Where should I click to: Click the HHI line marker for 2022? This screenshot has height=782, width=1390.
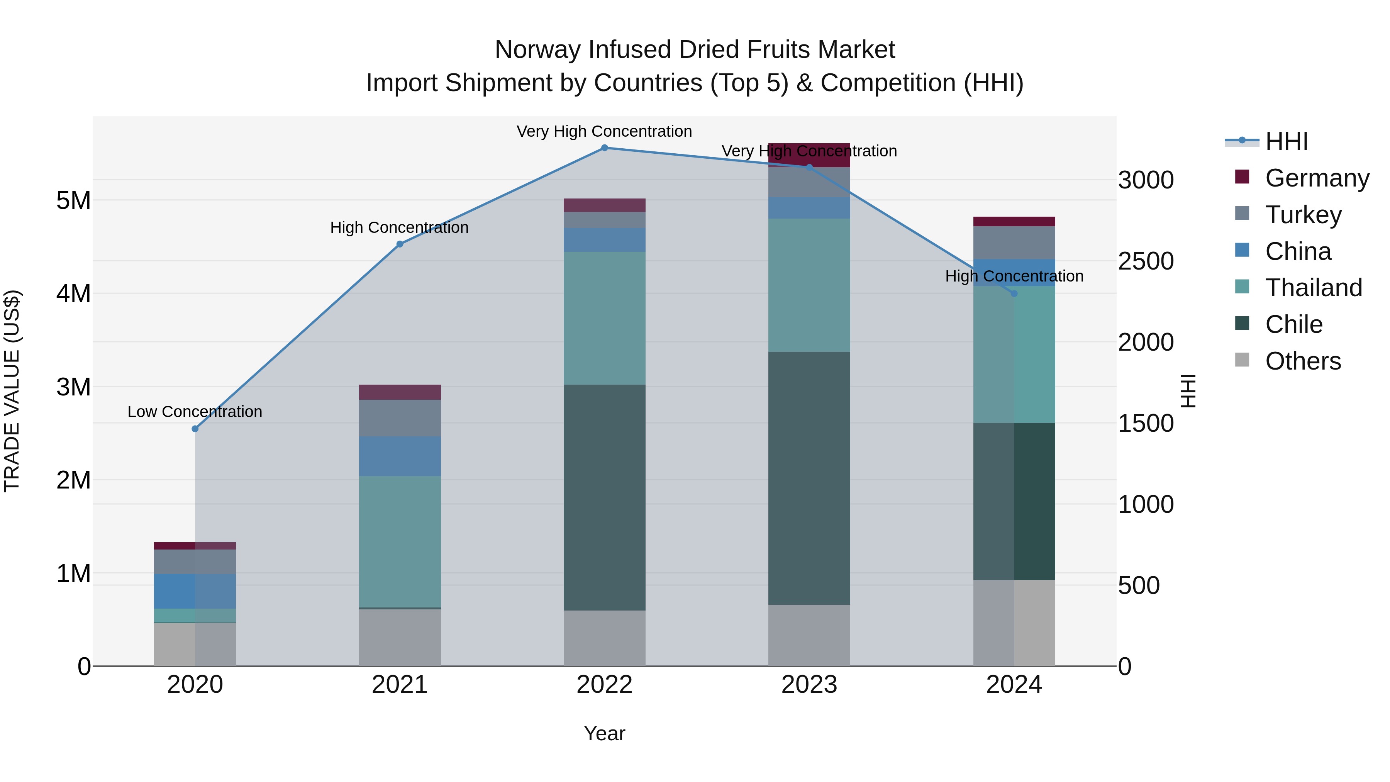click(604, 148)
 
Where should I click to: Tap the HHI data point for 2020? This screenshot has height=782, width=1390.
click(195, 429)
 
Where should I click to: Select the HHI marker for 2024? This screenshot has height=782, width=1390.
click(1014, 293)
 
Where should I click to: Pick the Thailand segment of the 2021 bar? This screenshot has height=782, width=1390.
click(400, 541)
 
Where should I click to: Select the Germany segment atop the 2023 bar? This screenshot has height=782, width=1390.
click(809, 155)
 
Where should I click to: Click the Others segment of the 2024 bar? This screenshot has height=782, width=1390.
click(1014, 623)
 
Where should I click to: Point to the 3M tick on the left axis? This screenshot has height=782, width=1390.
click(74, 387)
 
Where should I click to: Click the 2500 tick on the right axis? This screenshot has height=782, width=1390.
click(1146, 261)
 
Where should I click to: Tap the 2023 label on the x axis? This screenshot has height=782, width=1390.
click(809, 685)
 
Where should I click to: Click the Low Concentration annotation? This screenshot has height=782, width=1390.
click(195, 412)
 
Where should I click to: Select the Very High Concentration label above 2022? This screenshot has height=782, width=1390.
click(604, 131)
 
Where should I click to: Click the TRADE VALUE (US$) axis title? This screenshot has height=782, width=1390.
click(12, 391)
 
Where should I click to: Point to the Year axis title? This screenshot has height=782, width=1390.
click(604, 733)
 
